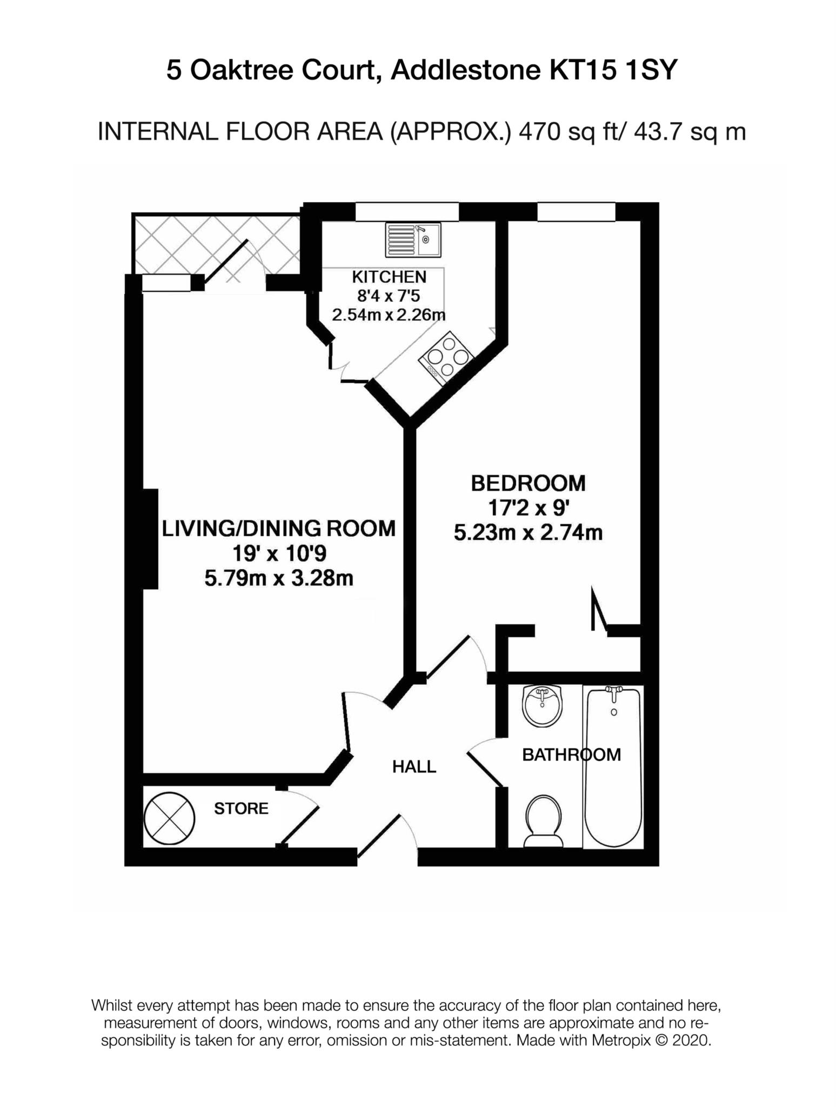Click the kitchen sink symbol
pos(413,239)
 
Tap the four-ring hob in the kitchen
pos(446,357)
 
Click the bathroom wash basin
pos(543,705)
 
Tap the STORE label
pos(241,809)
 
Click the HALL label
pos(414,766)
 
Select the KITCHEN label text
pos(389,277)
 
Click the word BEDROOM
pos(528,483)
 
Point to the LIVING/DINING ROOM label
pos(279,528)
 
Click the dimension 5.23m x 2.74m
pos(528,533)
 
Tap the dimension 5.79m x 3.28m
pos(279,578)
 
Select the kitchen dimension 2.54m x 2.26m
pos(389,315)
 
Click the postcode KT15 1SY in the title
pos(613,70)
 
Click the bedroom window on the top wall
pos(576,211)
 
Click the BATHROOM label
pos(571,755)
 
